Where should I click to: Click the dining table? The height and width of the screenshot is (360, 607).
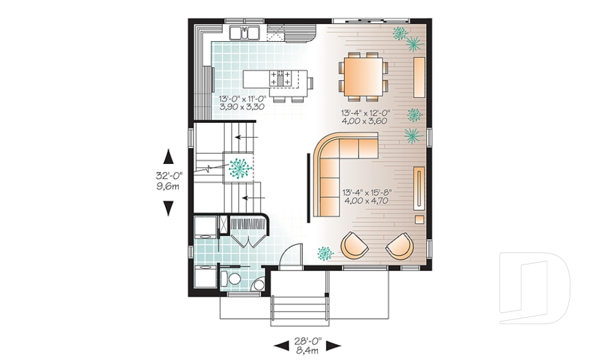coord(362,75)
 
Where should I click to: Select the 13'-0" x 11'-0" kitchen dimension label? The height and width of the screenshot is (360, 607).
coord(241,103)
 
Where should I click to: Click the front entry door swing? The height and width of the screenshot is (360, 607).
coord(288,256)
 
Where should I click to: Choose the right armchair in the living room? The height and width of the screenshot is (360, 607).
coord(399,246)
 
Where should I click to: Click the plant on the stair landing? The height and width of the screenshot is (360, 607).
coord(239,167)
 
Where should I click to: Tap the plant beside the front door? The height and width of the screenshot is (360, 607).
coord(325,253)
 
